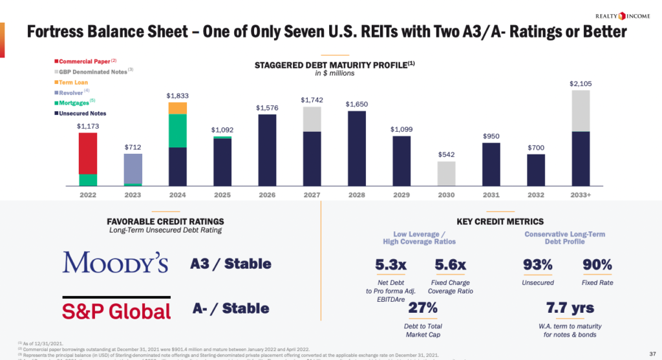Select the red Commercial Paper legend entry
pyautogui.click(x=84, y=61)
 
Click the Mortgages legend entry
pyautogui.click(x=74, y=103)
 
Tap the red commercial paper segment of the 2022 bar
pyautogui.click(x=88, y=153)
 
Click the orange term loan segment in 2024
pyautogui.click(x=177, y=108)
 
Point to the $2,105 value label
pyautogui.click(x=581, y=83)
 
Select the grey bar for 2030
pyautogui.click(x=447, y=173)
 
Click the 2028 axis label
pyautogui.click(x=357, y=195)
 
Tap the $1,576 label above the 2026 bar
pyautogui.click(x=267, y=107)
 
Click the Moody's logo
pyautogui.click(x=116, y=262)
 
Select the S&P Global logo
pyautogui.click(x=116, y=310)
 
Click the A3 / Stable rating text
pyautogui.click(x=231, y=264)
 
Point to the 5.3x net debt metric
pyautogui.click(x=391, y=265)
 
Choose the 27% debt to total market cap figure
pyautogui.click(x=423, y=308)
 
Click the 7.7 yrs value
pyautogui.click(x=570, y=308)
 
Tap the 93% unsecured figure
pyautogui.click(x=538, y=265)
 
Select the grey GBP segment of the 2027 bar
pyautogui.click(x=312, y=119)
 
